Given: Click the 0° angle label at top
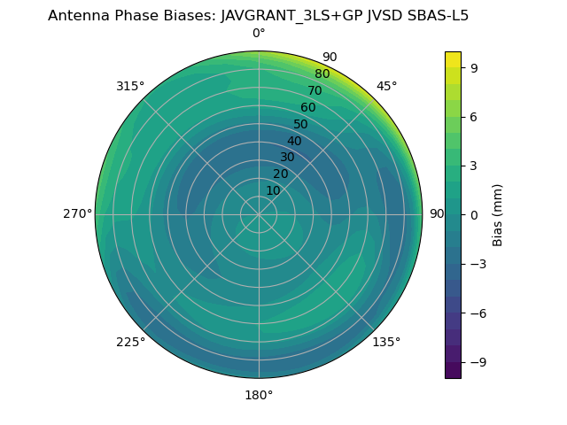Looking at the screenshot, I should [x=259, y=34].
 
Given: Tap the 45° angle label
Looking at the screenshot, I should [x=386, y=86].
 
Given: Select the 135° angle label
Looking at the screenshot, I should [x=386, y=342].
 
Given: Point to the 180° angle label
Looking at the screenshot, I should [x=259, y=395].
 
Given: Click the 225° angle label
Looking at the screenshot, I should [x=130, y=343].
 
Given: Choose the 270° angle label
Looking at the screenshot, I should [x=77, y=213].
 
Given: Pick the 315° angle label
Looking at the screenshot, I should [x=130, y=86].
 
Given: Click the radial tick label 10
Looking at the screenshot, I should [x=273, y=190].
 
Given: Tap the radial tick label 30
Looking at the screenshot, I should [x=287, y=158].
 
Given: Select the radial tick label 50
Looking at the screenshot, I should [x=301, y=125].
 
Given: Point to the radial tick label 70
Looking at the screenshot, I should [x=315, y=91].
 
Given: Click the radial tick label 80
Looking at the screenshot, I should [x=322, y=74].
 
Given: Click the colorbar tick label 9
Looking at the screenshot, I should [x=476, y=67].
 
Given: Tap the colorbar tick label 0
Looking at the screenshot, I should [x=476, y=214].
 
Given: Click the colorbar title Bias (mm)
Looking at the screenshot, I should [x=498, y=214].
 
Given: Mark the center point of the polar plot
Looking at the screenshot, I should [x=259, y=214].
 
